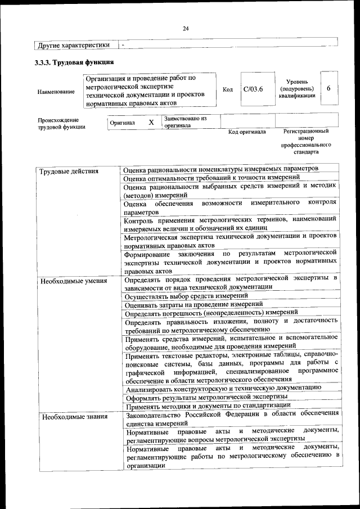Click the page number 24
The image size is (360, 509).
186,29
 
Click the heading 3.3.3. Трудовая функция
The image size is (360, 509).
74,62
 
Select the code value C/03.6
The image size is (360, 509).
253,89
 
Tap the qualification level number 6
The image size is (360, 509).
328,88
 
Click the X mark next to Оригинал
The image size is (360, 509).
151,122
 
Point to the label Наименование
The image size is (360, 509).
56,92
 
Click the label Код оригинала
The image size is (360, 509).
247,132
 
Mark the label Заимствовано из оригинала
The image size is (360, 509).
185,122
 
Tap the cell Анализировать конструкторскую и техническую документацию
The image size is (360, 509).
223,388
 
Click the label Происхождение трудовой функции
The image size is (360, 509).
61,123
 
